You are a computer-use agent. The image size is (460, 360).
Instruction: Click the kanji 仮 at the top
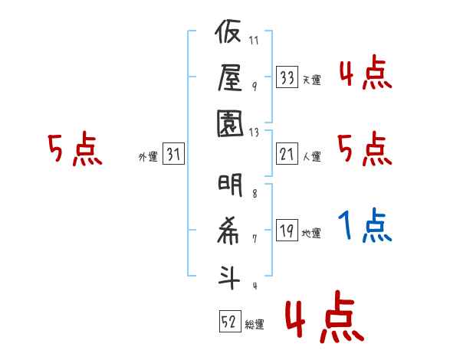pyautogui.click(x=228, y=31)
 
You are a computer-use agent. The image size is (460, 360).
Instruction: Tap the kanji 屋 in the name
pyautogui.click(x=230, y=77)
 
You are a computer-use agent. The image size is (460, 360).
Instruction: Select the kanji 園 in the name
pyautogui.click(x=230, y=123)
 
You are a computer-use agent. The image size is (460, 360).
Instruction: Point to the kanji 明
pyautogui.click(x=230, y=185)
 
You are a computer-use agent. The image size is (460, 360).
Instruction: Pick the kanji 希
pyautogui.click(x=228, y=231)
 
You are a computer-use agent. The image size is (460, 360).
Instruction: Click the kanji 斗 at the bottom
pyautogui.click(x=228, y=277)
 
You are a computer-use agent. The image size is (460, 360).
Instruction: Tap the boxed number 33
pyautogui.click(x=287, y=77)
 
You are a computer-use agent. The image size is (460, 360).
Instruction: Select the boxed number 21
pyautogui.click(x=287, y=154)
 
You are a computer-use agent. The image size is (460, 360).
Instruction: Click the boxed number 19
pyautogui.click(x=287, y=230)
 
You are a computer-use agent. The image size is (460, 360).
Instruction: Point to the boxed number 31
pyautogui.click(x=173, y=153)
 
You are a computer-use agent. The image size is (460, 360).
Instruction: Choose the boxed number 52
pyautogui.click(x=230, y=321)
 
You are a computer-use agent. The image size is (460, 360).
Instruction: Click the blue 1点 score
pyautogui.click(x=365, y=225)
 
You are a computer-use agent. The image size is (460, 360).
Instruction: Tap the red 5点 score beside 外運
pyautogui.click(x=75, y=149)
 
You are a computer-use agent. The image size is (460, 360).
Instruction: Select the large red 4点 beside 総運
pyautogui.click(x=325, y=316)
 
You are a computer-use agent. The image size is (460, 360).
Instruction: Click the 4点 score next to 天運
pyautogui.click(x=366, y=72)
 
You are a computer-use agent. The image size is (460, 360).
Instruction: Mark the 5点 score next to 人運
pyautogui.click(x=365, y=149)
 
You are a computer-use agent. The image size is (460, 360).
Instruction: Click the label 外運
pyautogui.click(x=148, y=156)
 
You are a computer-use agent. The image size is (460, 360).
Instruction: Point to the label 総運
pyautogui.click(x=255, y=325)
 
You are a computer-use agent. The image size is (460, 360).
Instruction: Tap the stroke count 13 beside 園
pyautogui.click(x=254, y=133)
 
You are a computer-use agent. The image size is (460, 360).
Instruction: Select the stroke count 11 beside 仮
pyautogui.click(x=254, y=40)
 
